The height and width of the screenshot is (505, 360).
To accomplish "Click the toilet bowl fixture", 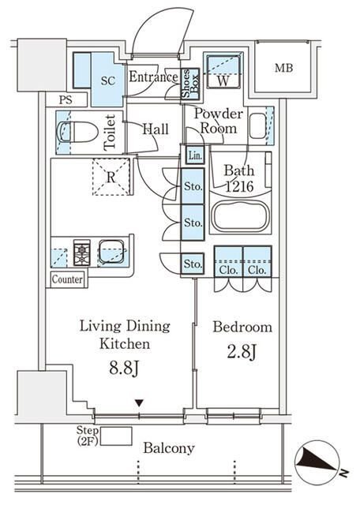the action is pos(77,132).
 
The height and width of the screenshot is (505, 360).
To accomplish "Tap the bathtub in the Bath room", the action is pos(241,215).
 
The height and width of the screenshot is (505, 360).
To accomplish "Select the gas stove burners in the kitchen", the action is pos(82,252).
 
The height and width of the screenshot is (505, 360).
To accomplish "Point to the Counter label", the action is pos(67,279).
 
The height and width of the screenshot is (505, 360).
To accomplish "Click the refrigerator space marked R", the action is pos(111,177).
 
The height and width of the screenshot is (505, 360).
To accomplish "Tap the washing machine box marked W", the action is pos(223,72).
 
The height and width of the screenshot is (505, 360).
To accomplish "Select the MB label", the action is pos(284,68).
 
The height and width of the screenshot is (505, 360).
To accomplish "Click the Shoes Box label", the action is pos(189,83).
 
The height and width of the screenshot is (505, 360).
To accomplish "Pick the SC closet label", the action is pos(108,80).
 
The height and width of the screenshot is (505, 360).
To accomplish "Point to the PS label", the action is pos(66,100).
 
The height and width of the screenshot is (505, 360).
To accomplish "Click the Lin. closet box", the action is pos(195,155).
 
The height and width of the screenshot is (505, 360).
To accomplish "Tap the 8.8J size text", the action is pos(124,368).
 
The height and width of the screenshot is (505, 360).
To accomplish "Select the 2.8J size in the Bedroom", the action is pos(242,351).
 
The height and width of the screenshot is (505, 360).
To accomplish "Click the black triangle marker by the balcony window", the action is pos(139,403).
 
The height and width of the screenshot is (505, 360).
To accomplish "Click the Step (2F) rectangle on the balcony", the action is pos(116,436).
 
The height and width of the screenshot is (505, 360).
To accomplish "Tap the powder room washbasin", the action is pos(257,125).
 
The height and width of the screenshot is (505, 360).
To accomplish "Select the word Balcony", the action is pos(169,448).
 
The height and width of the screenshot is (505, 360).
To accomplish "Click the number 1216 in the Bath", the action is pos(239,186).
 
